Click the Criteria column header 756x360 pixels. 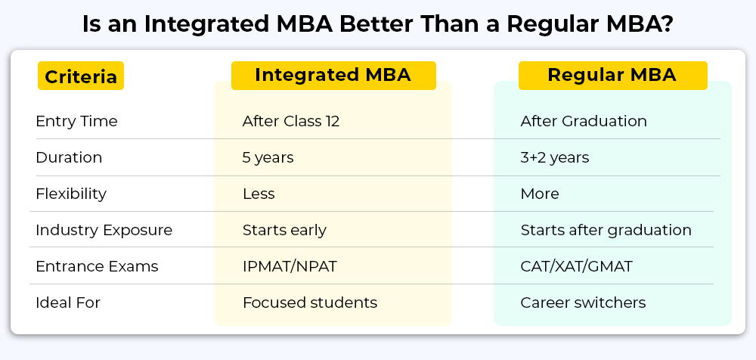[x=81, y=76]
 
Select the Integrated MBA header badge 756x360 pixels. [x=333, y=76]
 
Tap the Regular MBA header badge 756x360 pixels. [x=612, y=76]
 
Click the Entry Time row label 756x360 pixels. [x=76, y=121]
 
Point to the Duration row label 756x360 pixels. [x=69, y=158]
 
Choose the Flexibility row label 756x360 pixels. [x=71, y=194]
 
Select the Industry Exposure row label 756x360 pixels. [x=104, y=230]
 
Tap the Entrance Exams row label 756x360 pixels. [x=97, y=266]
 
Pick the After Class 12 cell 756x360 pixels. [x=291, y=121]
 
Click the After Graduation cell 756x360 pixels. [x=584, y=121]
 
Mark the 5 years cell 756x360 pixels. [x=268, y=158]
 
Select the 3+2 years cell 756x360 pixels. [x=554, y=158]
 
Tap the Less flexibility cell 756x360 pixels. [x=259, y=194]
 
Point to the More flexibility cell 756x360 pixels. [x=540, y=194]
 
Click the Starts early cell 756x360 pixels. [x=284, y=230]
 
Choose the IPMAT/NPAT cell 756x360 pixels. [x=290, y=266]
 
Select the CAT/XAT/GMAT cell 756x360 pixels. [x=576, y=266]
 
